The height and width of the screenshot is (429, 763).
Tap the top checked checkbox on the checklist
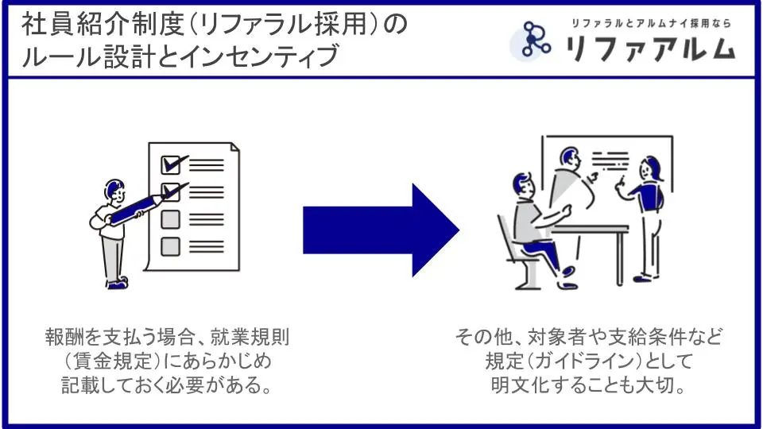pos(170,164)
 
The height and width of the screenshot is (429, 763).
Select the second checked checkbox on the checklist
pos(170,191)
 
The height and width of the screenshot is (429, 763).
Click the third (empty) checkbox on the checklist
pos(170,218)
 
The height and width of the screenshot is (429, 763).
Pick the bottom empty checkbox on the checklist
pos(170,245)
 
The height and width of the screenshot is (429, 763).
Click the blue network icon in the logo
pos(536,40)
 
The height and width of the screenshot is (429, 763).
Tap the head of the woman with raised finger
pos(651,168)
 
